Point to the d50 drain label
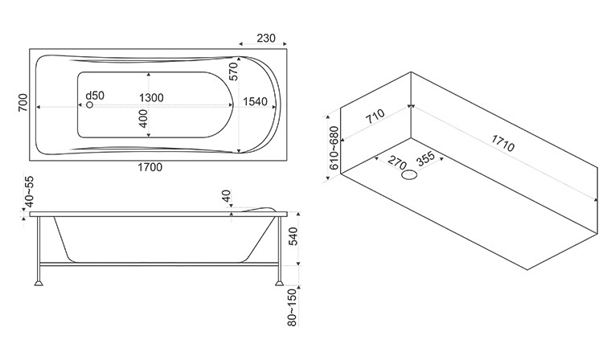coord(95,96)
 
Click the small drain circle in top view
coord(90,105)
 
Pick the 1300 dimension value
coord(151,97)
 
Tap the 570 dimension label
coord(236,73)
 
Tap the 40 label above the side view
coord(228,197)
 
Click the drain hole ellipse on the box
coord(410,174)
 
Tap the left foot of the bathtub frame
coord(38,283)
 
